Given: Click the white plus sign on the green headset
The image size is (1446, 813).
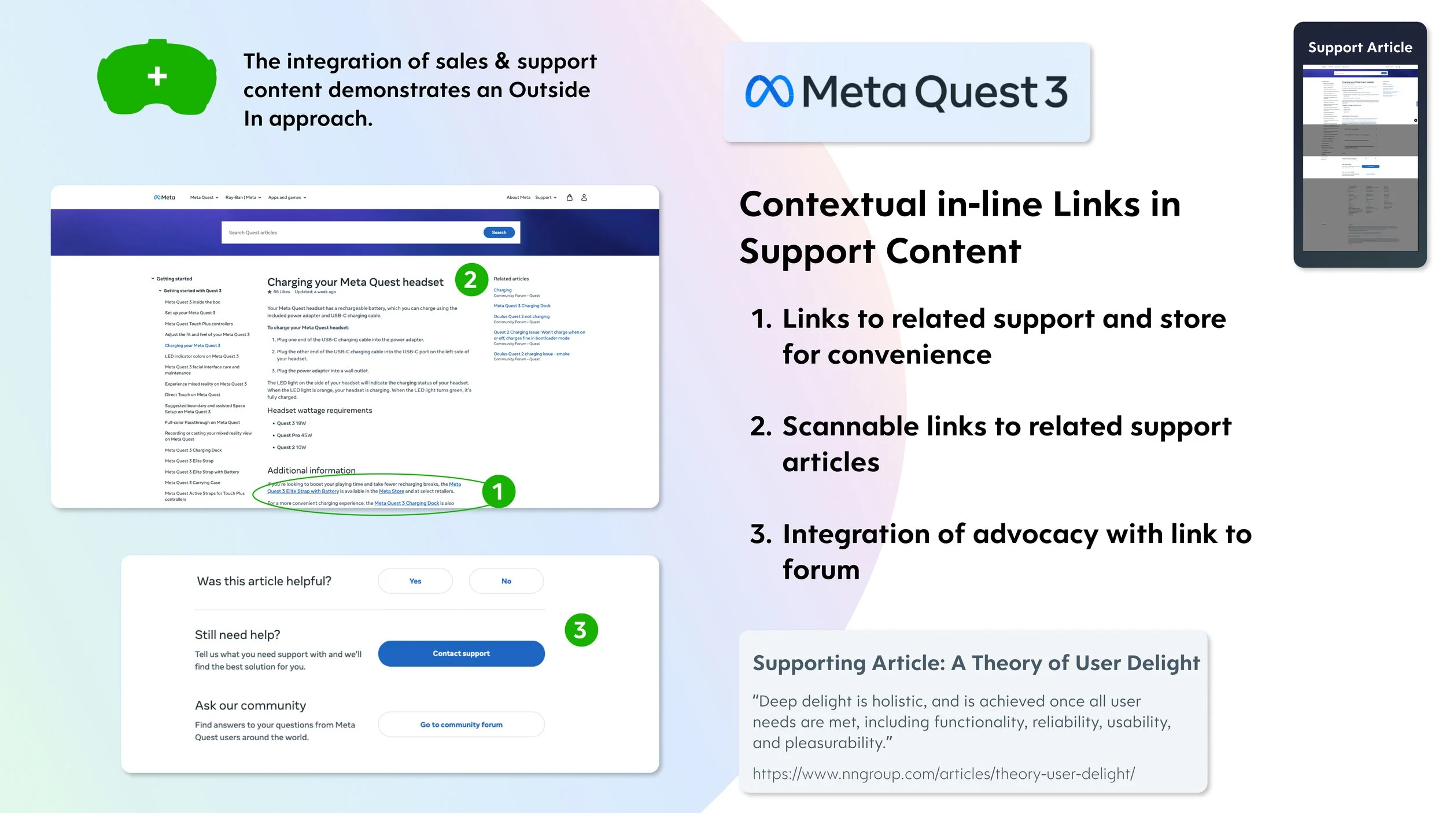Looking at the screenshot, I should tap(157, 76).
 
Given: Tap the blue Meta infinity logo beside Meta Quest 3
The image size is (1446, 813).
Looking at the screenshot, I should tap(769, 92).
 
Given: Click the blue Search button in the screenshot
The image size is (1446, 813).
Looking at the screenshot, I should tap(499, 232).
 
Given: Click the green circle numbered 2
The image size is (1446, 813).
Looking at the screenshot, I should tap(471, 280).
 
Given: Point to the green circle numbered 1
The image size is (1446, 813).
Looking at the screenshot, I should tap(497, 492).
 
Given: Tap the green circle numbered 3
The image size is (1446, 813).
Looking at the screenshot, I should tap(581, 630).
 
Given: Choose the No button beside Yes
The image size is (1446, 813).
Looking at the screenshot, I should tap(506, 581).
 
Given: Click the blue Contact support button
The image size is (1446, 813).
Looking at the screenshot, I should tap(461, 653).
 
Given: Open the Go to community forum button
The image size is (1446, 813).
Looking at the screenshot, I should tap(461, 725).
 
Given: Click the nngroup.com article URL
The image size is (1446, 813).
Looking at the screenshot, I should tap(943, 774).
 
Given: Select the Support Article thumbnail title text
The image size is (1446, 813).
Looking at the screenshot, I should tap(1360, 47).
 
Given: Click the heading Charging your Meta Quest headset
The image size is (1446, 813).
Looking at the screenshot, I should tap(355, 282).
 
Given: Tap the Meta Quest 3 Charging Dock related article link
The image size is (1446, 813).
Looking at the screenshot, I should tap(522, 306).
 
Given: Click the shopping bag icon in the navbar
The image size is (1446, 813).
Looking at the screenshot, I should tap(570, 198).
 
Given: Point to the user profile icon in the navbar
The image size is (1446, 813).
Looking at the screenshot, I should tap(584, 198).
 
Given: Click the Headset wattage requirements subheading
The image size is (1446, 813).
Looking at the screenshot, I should tap(319, 411).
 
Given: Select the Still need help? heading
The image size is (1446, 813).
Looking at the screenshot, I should tap(237, 635).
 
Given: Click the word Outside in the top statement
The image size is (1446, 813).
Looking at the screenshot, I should tap(549, 90).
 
